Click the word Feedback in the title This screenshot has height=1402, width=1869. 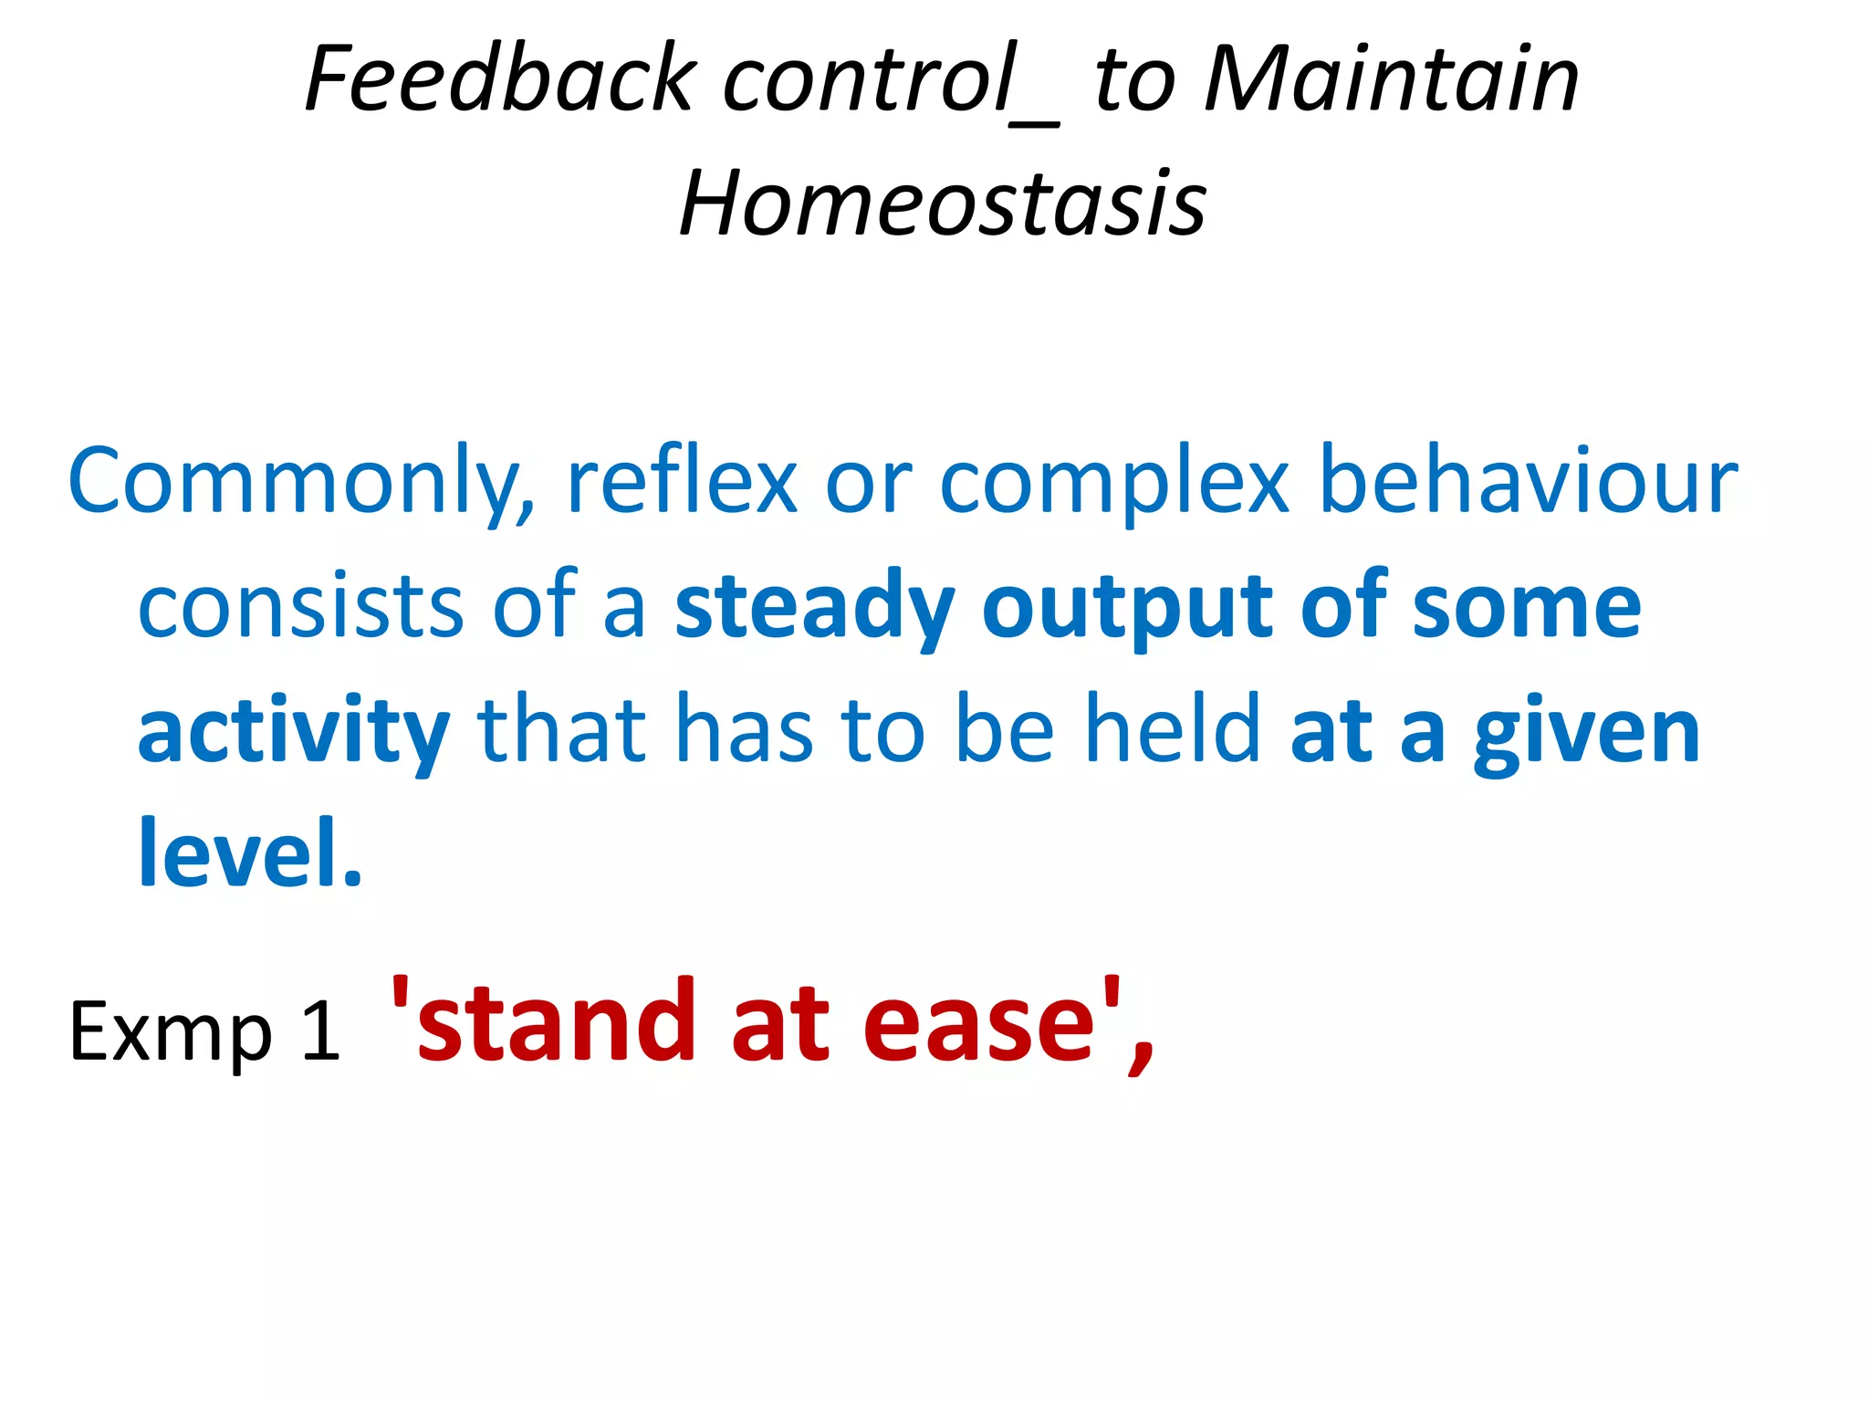501,79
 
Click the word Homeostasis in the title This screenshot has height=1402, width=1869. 943,204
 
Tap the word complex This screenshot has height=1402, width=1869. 1114,482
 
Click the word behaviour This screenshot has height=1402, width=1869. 1529,482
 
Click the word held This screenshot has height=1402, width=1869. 1172,730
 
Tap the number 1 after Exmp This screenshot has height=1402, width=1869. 320,1031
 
